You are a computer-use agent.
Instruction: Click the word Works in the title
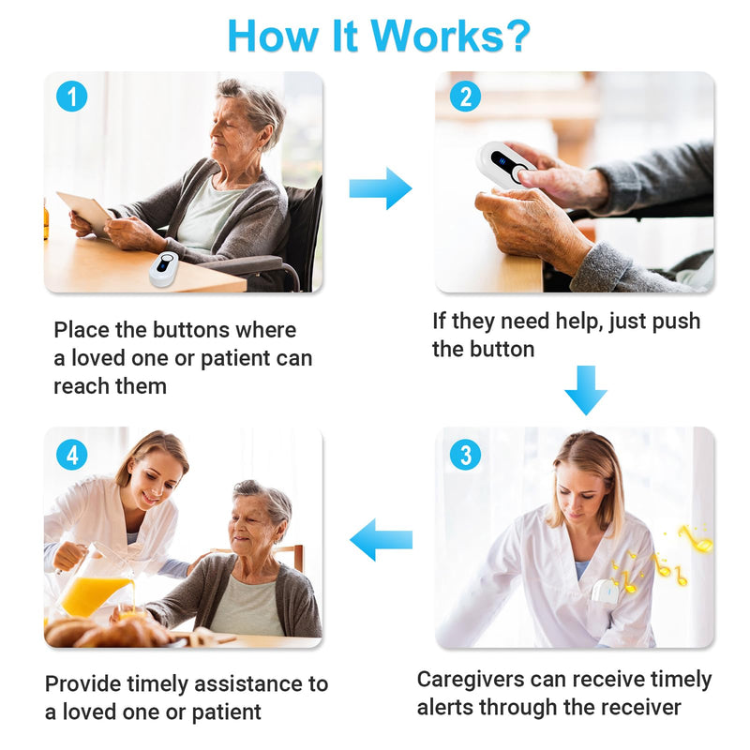pyautogui.click(x=437, y=36)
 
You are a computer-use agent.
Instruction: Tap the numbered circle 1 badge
pyautogui.click(x=72, y=97)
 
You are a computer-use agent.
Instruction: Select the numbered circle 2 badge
pyautogui.click(x=465, y=97)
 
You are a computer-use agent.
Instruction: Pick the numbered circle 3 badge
pyautogui.click(x=465, y=455)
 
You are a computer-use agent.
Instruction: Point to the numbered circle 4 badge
pyautogui.click(x=72, y=455)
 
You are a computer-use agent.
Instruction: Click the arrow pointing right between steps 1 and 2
pyautogui.click(x=381, y=188)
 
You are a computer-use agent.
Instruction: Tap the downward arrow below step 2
pyautogui.click(x=586, y=390)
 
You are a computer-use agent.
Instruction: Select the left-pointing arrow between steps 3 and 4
pyautogui.click(x=382, y=540)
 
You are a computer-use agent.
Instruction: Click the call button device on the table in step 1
pyautogui.click(x=164, y=269)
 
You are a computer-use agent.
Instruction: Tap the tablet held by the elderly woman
pyautogui.click(x=85, y=213)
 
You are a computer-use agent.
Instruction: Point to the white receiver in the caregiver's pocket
pyautogui.click(x=605, y=592)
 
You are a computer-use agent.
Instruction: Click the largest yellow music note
pyautogui.click(x=696, y=538)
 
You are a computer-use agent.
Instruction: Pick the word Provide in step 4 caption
pyautogui.click(x=82, y=684)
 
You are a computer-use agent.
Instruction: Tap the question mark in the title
pyautogui.click(x=518, y=36)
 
